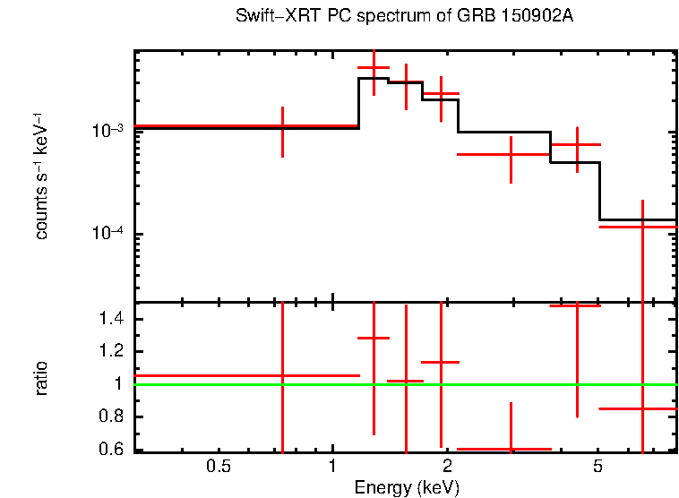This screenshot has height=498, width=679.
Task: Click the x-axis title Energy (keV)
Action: pos(407,488)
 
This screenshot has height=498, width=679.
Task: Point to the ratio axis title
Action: pos(41,378)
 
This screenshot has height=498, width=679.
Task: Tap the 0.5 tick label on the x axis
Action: pos(219,467)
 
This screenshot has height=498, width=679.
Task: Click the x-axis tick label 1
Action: pos(332,467)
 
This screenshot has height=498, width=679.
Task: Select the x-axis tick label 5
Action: pos(598,467)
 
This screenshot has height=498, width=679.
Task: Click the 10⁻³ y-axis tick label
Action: pos(107,131)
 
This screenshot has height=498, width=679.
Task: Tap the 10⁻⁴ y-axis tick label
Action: pos(107,235)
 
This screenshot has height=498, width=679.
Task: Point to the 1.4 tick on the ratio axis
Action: pos(111,319)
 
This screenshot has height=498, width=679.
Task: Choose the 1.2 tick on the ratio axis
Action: pos(111,352)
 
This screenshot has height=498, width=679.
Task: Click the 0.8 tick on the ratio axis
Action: pos(111,417)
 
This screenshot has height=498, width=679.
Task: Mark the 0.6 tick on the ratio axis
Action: pos(111,450)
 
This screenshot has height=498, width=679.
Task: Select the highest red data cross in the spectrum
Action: pos(374,68)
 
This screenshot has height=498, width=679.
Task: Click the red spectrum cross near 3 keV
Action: pos(511,154)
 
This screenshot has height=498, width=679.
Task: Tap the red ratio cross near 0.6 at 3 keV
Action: pos(511,449)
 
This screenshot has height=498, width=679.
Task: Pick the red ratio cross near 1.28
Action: pos(374,338)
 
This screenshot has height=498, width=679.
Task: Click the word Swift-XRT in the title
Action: pos(269,17)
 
